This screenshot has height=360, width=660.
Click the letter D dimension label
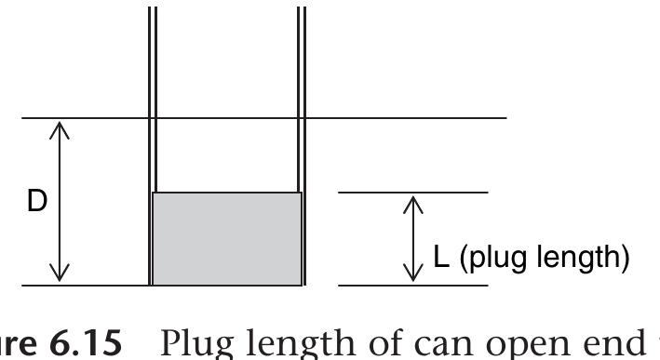[x=36, y=201]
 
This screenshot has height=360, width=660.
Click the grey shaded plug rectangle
[x=226, y=238]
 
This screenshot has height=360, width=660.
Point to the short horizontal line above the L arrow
[x=412, y=193]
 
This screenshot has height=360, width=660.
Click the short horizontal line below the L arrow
[x=412, y=285]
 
